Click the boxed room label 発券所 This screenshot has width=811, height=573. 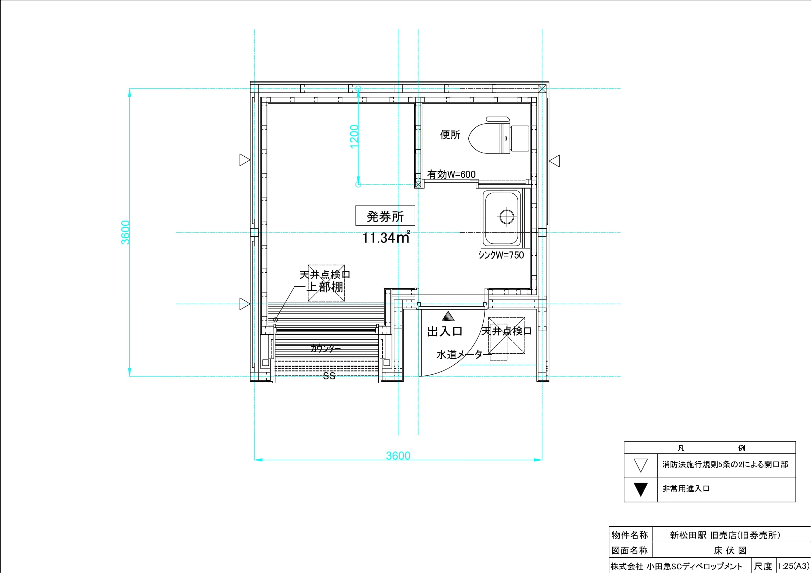pyautogui.click(x=385, y=216)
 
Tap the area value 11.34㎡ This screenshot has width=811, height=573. pyautogui.click(x=386, y=238)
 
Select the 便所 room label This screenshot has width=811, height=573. pyautogui.click(x=450, y=135)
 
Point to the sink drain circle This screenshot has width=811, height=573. pyautogui.click(x=506, y=216)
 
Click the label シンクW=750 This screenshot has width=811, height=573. pyautogui.click(x=501, y=255)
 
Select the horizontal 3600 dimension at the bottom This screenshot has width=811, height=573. pyautogui.click(x=398, y=456)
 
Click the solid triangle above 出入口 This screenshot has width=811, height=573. pyautogui.click(x=448, y=316)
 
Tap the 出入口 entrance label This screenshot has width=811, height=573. pyautogui.click(x=445, y=331)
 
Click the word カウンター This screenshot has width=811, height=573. pyautogui.click(x=326, y=348)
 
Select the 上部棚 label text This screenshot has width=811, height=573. pyautogui.click(x=326, y=287)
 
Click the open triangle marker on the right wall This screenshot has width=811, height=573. pyautogui.click(x=554, y=161)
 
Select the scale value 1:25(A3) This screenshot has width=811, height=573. pyautogui.click(x=793, y=566)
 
